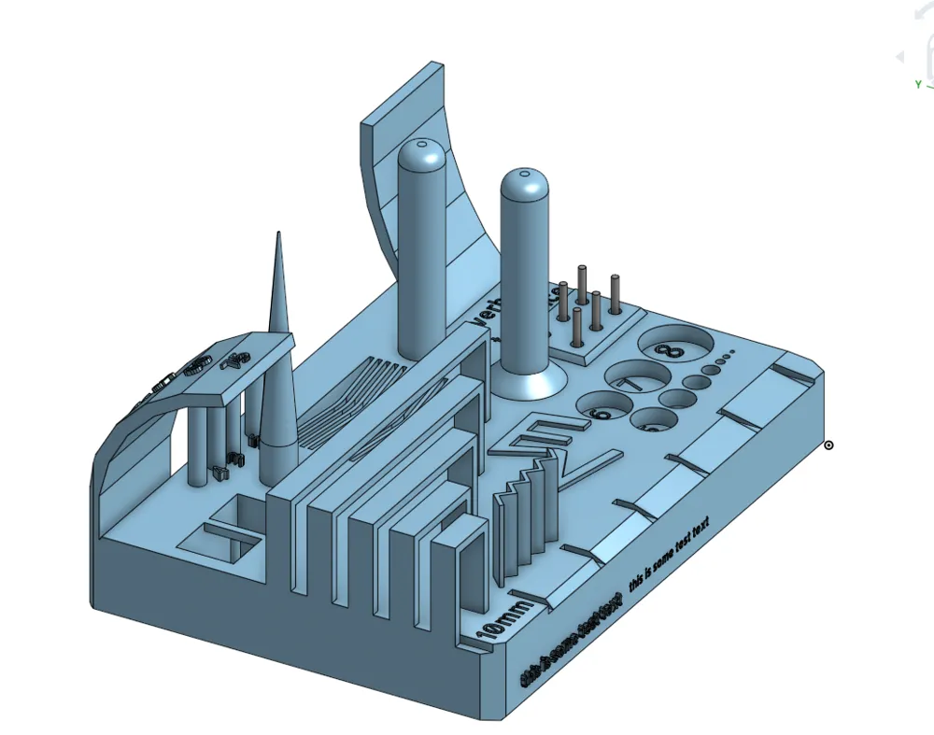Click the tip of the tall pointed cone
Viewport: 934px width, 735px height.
[x=277, y=236]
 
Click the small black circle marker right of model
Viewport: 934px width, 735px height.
[x=828, y=445]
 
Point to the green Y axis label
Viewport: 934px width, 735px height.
[x=918, y=84]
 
